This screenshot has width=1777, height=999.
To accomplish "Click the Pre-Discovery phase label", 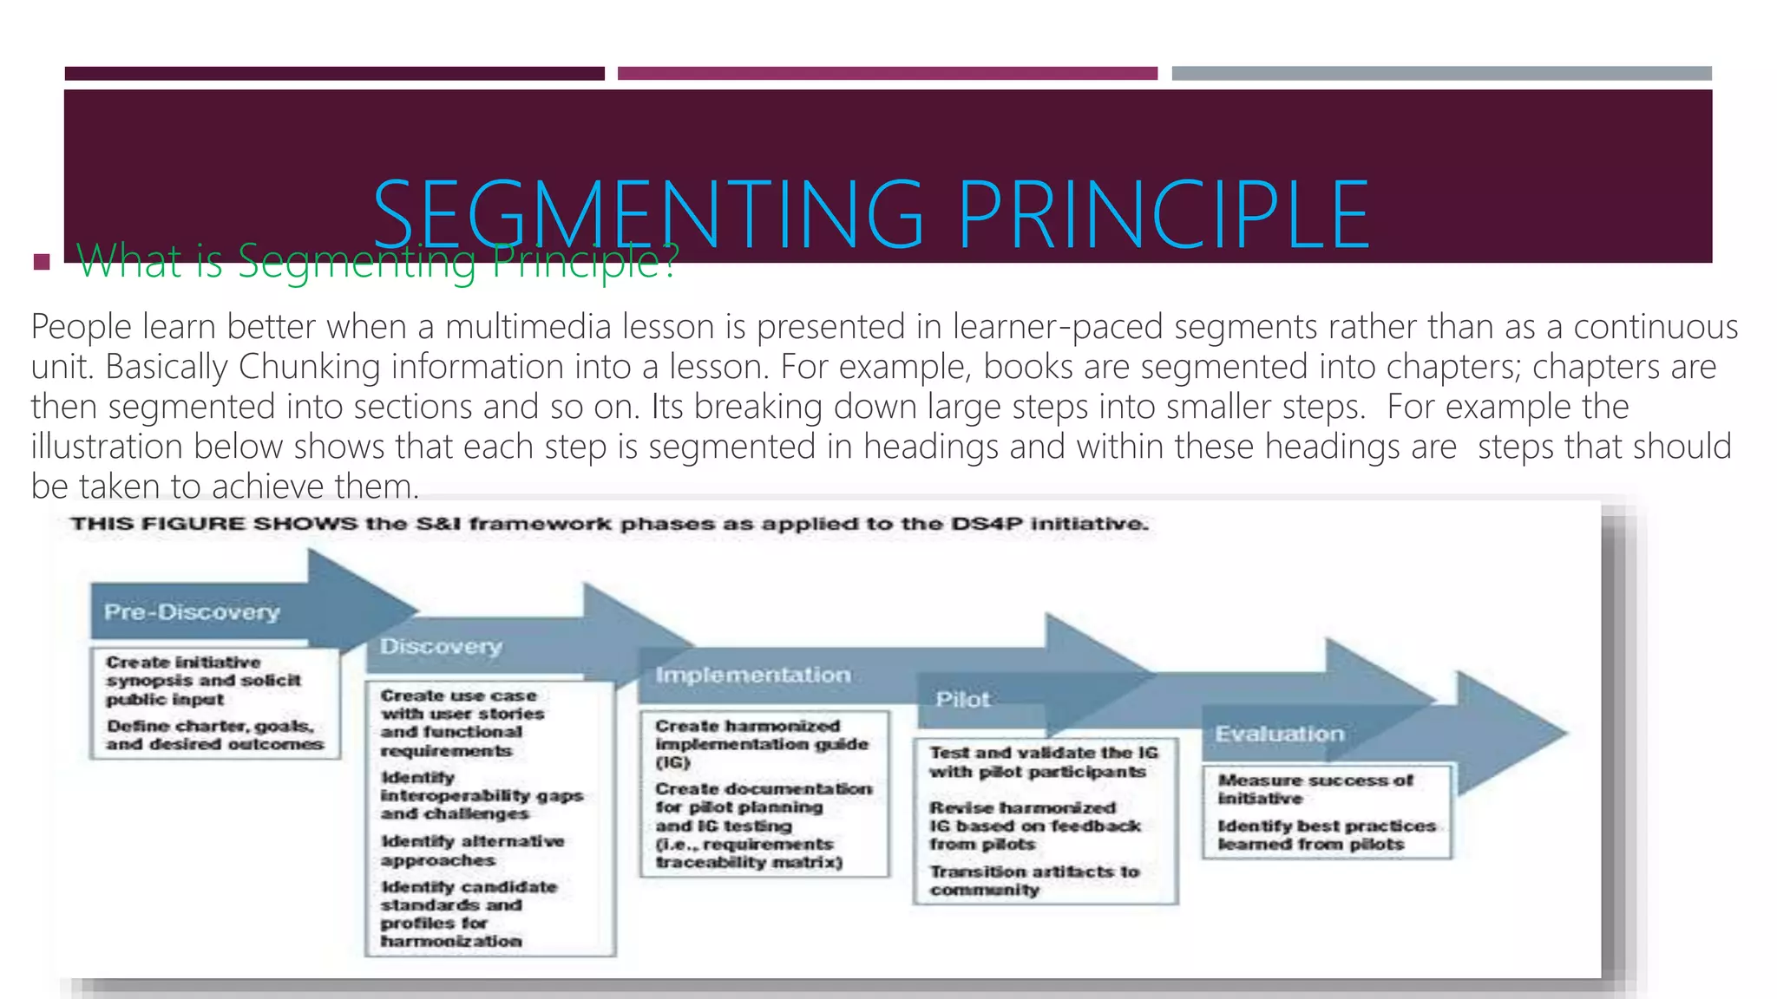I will [192, 612].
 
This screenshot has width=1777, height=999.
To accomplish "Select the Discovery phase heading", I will [441, 647].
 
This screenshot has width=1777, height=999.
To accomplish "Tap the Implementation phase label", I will [752, 676].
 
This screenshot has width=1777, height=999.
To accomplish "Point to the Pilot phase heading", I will [962, 700].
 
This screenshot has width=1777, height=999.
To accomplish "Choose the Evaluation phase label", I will [1279, 735].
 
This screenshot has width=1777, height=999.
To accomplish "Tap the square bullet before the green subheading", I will [42, 261].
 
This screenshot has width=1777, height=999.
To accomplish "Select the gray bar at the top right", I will [1441, 74].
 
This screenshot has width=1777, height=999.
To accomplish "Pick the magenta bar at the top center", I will [887, 74].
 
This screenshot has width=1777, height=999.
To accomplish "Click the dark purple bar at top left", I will [334, 74].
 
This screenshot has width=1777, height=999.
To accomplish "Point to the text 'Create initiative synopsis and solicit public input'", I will [203, 681].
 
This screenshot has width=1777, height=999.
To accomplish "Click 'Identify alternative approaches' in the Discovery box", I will [472, 851].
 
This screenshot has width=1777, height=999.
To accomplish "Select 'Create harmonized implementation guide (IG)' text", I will [761, 744].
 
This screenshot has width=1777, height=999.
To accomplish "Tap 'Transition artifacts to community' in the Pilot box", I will [1033, 881].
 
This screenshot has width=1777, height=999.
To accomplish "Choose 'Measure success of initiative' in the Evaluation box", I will [1315, 789].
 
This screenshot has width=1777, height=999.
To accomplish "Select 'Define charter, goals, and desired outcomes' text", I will [213, 735].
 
